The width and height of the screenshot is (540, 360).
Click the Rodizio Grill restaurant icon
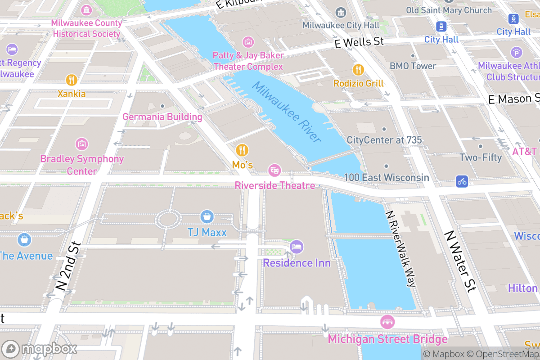tap(358, 70)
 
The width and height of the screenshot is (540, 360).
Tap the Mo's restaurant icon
tap(242, 150)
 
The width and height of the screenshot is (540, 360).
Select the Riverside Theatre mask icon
tap(274, 171)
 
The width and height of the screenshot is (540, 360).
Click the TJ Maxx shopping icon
tap(207, 216)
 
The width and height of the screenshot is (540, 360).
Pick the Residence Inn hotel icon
tap(297, 247)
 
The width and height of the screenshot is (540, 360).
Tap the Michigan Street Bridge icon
tap(387, 322)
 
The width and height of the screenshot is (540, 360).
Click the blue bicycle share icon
tap(462, 181)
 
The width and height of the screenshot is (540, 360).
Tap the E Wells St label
tap(359, 42)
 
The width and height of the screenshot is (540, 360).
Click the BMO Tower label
tap(413, 66)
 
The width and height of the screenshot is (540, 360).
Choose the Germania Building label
tap(162, 117)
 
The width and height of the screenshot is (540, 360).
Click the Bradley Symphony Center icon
tap(82, 144)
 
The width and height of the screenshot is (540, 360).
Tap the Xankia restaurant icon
tap(72, 80)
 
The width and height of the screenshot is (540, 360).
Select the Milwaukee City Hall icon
tap(341, 12)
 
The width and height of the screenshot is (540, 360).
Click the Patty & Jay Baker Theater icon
tap(248, 42)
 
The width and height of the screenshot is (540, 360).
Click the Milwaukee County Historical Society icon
tap(86, 9)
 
